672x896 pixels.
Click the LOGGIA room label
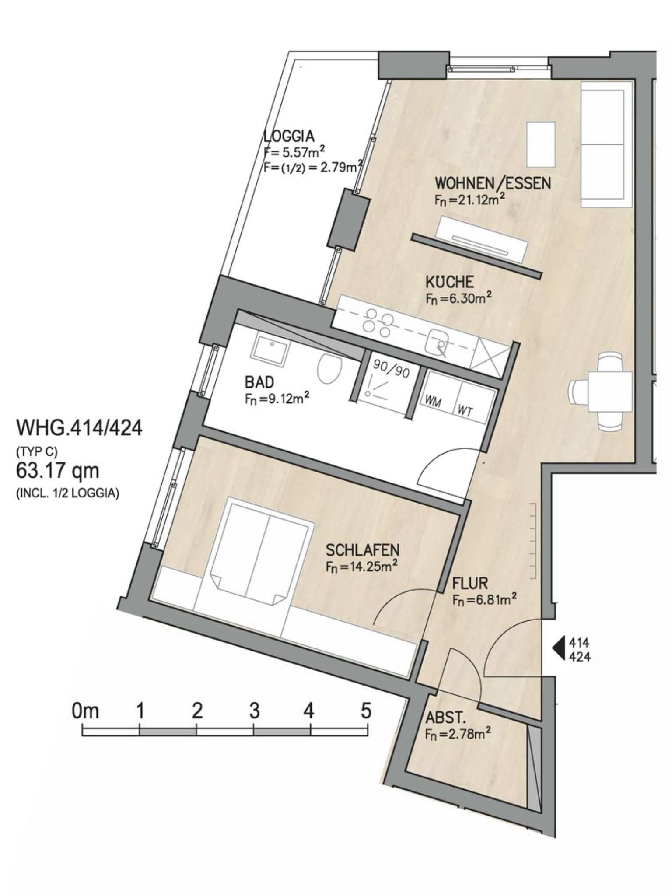coord(289,136)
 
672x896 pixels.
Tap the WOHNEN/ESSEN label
coord(493,183)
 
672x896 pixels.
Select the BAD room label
coord(259,382)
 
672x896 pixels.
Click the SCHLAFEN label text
coord(363,549)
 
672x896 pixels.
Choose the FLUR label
coord(470,583)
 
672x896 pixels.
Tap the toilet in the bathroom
coord(329,368)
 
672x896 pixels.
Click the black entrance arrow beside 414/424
coord(559,649)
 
